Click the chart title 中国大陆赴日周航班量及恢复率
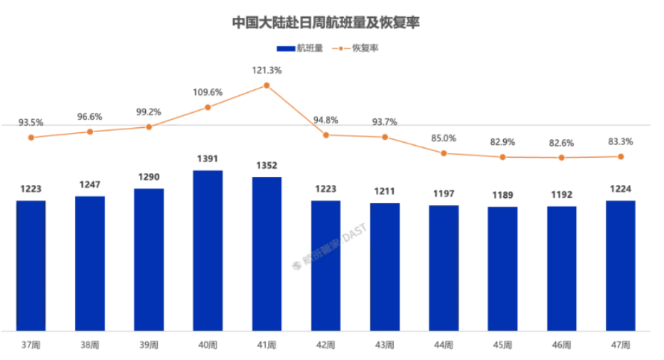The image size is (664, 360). pos(326,22)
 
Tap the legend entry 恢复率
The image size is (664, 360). pos(365,48)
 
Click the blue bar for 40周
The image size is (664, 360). pos(208,250)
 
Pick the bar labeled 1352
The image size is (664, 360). pos(267,254)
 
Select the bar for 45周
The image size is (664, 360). pos(502,269)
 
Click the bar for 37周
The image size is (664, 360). pos(31,265)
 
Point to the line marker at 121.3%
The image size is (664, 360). pos(267,85)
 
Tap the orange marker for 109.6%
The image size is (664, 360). pos(208,107)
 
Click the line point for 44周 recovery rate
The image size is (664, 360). pos(444,153)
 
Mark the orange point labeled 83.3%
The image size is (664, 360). pos(620,156)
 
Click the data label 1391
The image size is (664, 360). pos(208,159)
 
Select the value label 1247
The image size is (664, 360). pos(90,184)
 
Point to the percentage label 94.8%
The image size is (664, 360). pos(326,120)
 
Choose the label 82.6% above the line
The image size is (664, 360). pos(562,143)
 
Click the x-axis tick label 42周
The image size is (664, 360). pos(326,345)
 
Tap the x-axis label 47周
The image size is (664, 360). pos(620,345)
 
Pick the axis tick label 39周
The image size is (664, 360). pos(149,345)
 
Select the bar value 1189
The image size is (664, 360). pos(502,195)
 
